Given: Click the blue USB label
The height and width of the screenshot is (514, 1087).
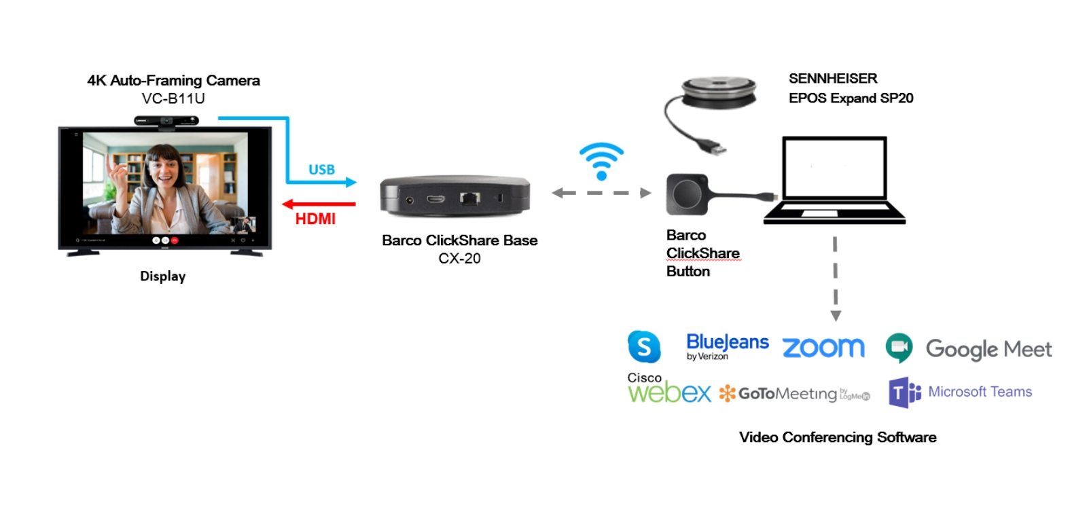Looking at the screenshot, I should [x=321, y=170].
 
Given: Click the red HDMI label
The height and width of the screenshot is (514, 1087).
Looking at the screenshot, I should [x=315, y=219].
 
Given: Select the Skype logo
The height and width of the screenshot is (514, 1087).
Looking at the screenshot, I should [x=643, y=347].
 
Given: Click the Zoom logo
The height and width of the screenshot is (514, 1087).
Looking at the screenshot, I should [x=823, y=348].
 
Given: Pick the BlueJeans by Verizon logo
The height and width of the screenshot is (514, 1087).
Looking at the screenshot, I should [x=727, y=346].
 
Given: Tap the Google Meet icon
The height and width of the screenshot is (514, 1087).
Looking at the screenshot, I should [x=899, y=348].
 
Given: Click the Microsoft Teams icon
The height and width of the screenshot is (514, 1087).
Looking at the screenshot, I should [x=904, y=392].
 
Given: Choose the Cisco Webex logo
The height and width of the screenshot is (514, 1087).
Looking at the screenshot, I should [x=669, y=389].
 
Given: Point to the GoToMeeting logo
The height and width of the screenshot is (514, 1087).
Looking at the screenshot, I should [x=794, y=394].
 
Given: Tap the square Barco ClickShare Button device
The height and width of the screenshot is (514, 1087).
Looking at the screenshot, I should [x=687, y=194].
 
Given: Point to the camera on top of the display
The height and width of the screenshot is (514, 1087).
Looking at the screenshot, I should [x=166, y=121].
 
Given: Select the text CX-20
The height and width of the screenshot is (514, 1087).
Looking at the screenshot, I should [x=459, y=259].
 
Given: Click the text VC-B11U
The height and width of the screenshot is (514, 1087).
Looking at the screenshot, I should [x=173, y=98].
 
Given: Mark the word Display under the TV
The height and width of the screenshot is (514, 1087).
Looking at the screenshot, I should [x=162, y=276].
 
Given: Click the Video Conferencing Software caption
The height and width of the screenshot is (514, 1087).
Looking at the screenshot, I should [x=838, y=437].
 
